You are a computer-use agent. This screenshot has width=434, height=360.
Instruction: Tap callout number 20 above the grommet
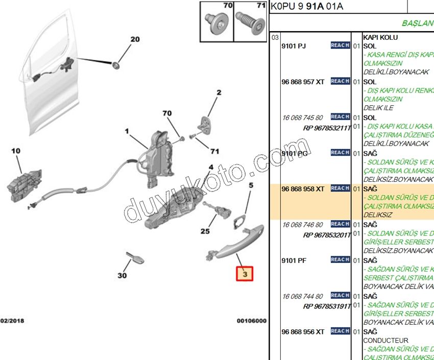coord(134,39)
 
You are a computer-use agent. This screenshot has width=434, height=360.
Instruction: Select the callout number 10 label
coord(15,151)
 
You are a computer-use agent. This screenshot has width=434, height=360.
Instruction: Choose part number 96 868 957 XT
coord(303,82)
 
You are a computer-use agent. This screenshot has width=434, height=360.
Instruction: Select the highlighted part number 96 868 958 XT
coord(303,189)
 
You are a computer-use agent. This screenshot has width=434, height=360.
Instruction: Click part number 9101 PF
coord(294,260)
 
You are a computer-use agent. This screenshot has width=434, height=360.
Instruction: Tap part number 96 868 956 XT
coord(303,332)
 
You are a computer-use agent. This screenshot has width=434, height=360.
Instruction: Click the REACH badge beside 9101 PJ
coord(340,45)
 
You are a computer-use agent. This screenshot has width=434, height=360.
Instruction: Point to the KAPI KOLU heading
coord(380,37)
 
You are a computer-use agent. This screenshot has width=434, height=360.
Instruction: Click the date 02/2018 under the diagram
coord(12,321)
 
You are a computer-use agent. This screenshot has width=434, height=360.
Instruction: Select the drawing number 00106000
coord(251,321)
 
